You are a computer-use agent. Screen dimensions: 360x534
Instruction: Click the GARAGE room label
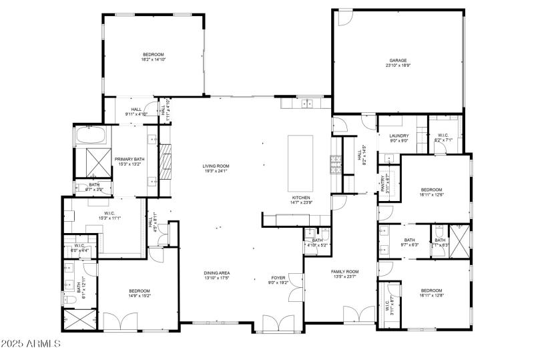[398, 60]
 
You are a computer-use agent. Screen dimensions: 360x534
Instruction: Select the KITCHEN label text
[300, 197]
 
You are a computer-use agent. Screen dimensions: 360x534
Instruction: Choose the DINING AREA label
[217, 273]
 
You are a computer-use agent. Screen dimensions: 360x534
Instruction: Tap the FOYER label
[278, 277]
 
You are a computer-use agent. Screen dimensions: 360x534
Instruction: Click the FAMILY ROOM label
[345, 271]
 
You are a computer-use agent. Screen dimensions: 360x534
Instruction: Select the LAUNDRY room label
[398, 136]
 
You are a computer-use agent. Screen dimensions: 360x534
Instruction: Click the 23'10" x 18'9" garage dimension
[398, 65]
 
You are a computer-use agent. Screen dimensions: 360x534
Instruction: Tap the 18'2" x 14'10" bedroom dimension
[153, 60]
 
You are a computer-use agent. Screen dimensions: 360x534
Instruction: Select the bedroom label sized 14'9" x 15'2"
[140, 291]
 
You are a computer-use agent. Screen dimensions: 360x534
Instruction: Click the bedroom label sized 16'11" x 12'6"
[431, 190]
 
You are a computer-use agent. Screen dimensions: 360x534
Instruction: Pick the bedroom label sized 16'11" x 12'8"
[431, 291]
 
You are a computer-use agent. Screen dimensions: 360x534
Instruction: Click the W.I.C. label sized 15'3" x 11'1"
[110, 214]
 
